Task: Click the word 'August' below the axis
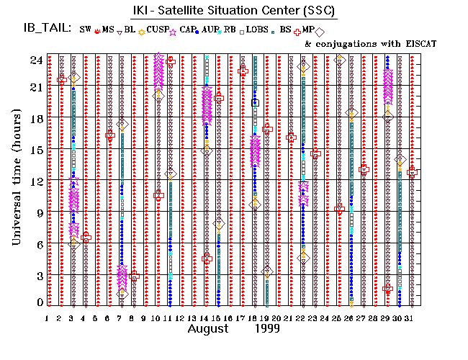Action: pyautogui.click(x=210, y=329)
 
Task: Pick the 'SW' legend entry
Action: pyautogui.click(x=86, y=30)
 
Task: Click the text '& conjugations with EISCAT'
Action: pyautogui.click(x=371, y=44)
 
